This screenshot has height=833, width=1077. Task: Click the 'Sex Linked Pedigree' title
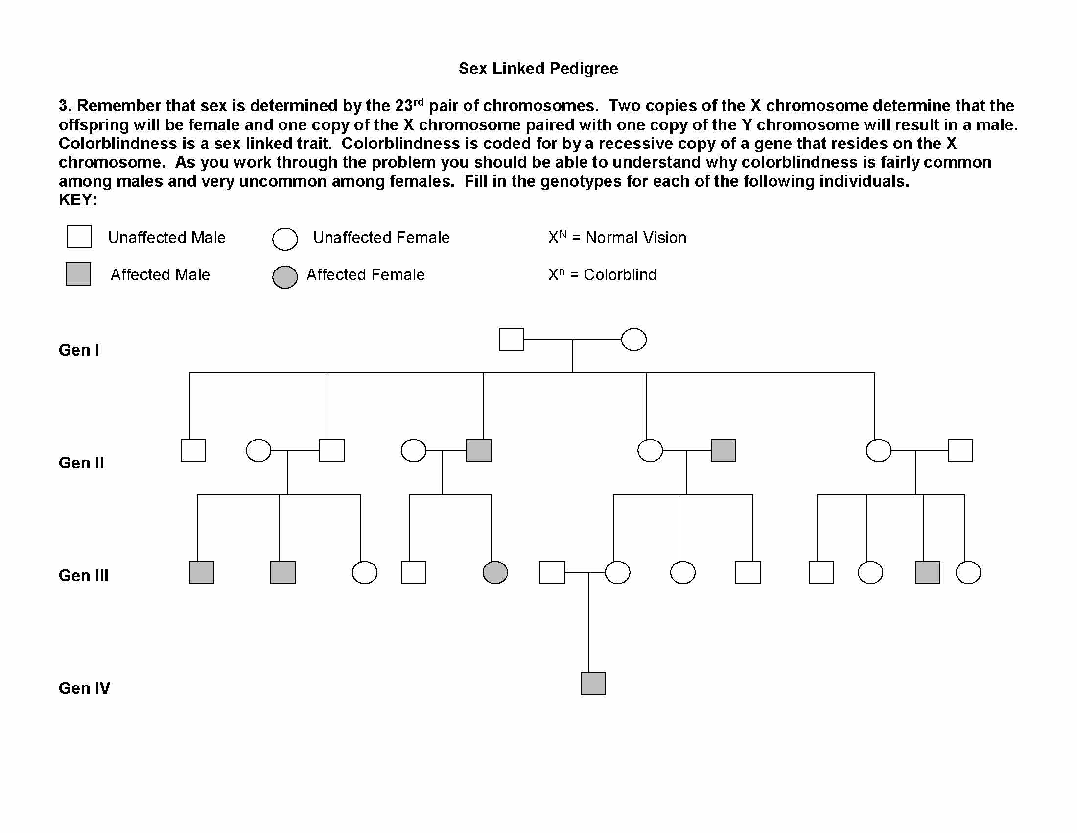click(x=538, y=69)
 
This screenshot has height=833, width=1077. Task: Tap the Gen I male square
click(x=512, y=340)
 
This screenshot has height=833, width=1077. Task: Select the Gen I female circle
click(x=633, y=340)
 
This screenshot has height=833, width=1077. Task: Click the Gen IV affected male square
click(x=593, y=684)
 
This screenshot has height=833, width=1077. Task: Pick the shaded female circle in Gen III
click(x=495, y=573)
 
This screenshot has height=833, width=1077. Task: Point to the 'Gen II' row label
click(x=81, y=463)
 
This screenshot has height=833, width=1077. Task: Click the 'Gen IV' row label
click(x=84, y=688)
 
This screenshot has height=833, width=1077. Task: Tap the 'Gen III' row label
click(x=83, y=575)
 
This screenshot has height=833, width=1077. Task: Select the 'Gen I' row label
click(x=79, y=350)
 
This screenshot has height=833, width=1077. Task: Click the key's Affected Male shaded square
click(x=78, y=274)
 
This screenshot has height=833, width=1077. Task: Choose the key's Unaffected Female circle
click(x=284, y=239)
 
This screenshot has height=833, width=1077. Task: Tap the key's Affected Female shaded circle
click(x=284, y=277)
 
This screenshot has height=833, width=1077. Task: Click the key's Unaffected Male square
click(x=79, y=237)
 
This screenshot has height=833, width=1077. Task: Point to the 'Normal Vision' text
click(x=635, y=238)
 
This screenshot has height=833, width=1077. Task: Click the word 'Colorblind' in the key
click(x=620, y=275)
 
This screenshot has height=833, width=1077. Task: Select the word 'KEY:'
click(x=78, y=200)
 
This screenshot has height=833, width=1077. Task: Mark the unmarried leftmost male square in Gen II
click(x=193, y=450)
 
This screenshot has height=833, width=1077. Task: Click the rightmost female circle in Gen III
click(x=968, y=573)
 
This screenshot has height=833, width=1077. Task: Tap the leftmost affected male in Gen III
click(x=202, y=573)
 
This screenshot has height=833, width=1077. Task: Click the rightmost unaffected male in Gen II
click(x=960, y=450)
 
